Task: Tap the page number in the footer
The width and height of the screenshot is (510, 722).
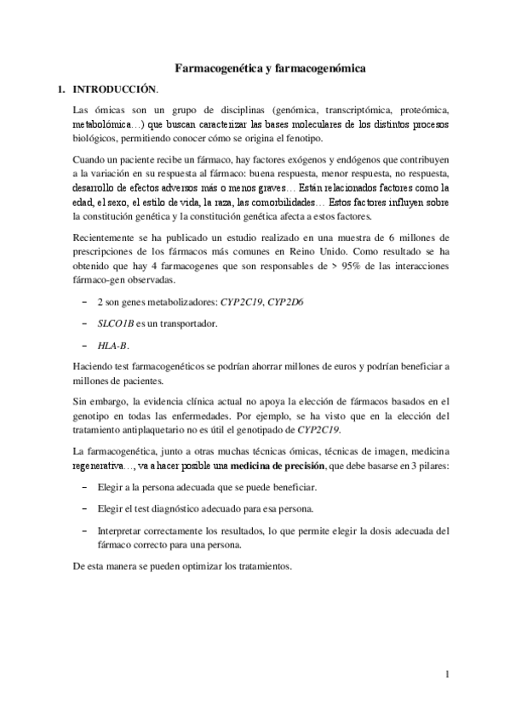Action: click(447, 676)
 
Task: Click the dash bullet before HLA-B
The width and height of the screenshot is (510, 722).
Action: click(83, 346)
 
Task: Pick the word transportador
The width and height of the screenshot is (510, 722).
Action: click(184, 324)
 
